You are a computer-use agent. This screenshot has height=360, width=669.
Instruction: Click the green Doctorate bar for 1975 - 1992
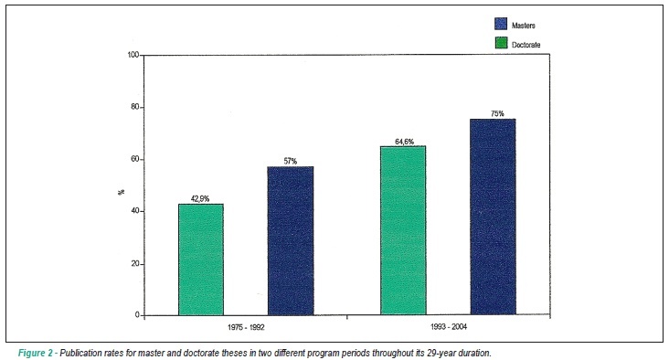[x=201, y=259]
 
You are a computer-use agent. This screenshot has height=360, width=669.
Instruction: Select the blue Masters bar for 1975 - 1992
[x=291, y=241]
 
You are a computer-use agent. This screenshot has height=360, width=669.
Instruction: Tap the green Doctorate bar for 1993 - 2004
[x=403, y=231]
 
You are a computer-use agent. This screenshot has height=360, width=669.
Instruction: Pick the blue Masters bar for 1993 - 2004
[x=493, y=217]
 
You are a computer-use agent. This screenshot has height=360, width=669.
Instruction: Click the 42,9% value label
[x=200, y=198]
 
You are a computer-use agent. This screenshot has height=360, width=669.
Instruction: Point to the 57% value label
[x=290, y=161]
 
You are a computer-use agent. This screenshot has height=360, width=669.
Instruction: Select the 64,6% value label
[x=404, y=142]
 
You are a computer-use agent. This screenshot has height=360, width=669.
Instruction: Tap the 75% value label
[x=497, y=113]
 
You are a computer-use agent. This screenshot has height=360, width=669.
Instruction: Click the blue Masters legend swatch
[x=501, y=24]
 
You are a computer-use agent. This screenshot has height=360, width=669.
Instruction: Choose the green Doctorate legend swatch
[x=501, y=43]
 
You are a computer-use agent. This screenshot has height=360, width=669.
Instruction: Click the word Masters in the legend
[x=524, y=26]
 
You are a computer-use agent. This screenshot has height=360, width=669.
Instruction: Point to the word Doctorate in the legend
[x=526, y=45]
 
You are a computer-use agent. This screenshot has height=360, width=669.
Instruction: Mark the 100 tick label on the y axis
[x=133, y=55]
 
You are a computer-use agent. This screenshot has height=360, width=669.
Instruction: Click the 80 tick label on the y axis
[x=135, y=107]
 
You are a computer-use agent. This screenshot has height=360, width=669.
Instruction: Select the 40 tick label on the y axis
[x=135, y=212]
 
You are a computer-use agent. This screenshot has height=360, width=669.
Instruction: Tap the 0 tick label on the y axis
[x=137, y=315]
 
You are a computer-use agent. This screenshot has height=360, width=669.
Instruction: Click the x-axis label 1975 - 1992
[x=246, y=328]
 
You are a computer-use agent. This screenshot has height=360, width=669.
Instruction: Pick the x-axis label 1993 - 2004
[x=449, y=327]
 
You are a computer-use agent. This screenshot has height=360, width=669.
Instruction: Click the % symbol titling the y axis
[x=122, y=193]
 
